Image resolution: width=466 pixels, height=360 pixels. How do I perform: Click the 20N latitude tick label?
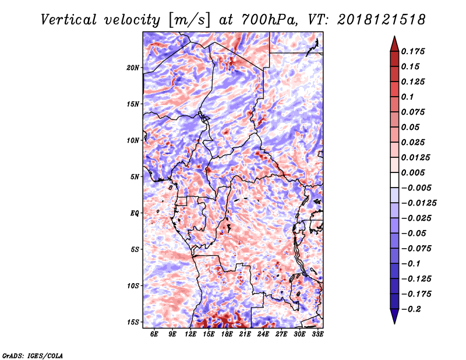[x=133, y=68]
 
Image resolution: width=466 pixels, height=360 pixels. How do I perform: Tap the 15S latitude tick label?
[x=133, y=322]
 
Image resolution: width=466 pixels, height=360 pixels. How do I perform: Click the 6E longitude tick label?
[x=154, y=334]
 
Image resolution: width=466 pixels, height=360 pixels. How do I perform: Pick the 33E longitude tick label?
[x=317, y=334]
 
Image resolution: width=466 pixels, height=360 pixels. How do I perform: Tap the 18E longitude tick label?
[x=227, y=334]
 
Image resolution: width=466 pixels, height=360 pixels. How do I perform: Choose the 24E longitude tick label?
[x=263, y=334]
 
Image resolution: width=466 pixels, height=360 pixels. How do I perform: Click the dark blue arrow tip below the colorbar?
[x=394, y=318]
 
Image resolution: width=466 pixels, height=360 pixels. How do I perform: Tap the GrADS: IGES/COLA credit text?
[x=32, y=355]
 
